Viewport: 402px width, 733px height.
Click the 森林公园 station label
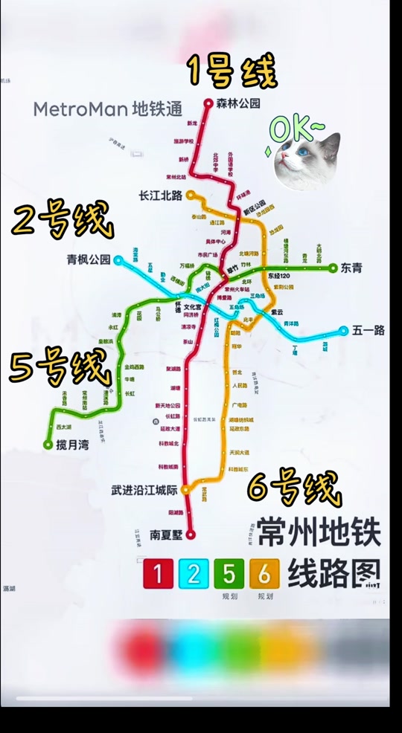pyautogui.click(x=238, y=104)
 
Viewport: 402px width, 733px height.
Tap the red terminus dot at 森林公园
pyautogui.click(x=209, y=104)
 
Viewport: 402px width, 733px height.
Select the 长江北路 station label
pyautogui.click(x=161, y=196)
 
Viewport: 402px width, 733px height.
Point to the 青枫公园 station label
pyautogui.click(x=89, y=259)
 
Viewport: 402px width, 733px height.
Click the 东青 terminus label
pyautogui.click(x=351, y=268)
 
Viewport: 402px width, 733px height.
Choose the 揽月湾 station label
pyautogui.click(x=71, y=445)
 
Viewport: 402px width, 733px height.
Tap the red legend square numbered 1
pyautogui.click(x=158, y=574)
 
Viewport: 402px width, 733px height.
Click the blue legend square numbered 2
pyautogui.click(x=194, y=574)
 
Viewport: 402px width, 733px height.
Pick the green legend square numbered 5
pyautogui.click(x=229, y=574)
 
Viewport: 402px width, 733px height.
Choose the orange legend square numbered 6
pyautogui.click(x=265, y=574)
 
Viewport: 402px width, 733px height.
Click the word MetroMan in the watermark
pyautogui.click(x=80, y=109)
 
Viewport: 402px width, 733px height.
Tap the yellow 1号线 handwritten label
pyautogui.click(x=232, y=71)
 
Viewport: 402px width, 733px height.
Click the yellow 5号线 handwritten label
pyautogui.click(x=60, y=365)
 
